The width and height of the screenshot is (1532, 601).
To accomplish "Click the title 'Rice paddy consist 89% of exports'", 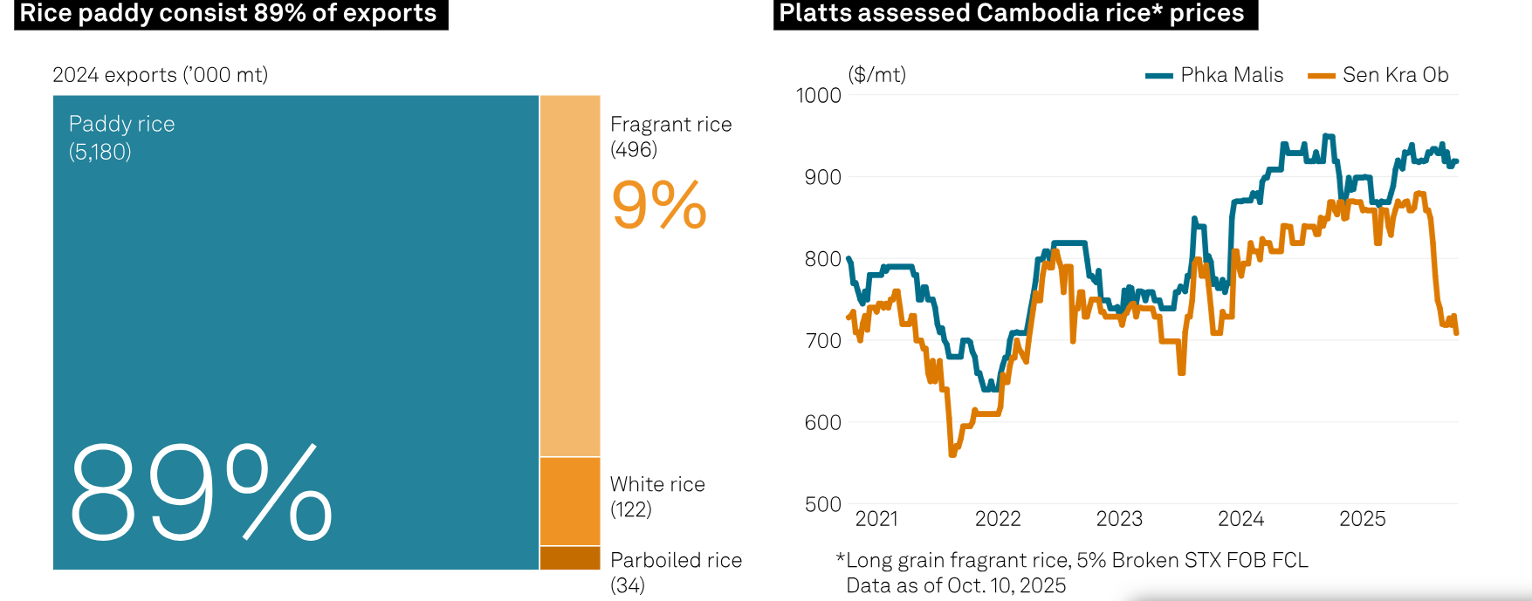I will (229, 13).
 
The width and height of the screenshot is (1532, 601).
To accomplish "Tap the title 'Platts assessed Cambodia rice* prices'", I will (1012, 13).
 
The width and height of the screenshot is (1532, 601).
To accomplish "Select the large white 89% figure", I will (201, 493).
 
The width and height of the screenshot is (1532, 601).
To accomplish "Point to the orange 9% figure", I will (659, 206).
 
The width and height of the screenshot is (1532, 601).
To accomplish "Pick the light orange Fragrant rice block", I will (570, 276).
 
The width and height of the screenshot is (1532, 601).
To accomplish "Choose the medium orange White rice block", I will (570, 502).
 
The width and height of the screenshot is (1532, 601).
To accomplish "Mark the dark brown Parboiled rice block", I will (570, 558).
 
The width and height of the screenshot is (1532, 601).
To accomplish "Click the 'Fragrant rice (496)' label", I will (670, 137).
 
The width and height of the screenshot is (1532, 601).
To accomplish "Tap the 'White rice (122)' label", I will (657, 496).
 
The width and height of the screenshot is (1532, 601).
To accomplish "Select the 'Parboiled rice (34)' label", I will (676, 572).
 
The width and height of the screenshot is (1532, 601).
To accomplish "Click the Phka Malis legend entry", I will (1215, 75).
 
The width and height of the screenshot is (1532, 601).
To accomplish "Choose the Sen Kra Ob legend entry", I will (1379, 75).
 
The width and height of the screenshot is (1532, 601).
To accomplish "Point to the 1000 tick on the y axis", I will (819, 95).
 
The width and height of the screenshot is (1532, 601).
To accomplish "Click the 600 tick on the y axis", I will (822, 422).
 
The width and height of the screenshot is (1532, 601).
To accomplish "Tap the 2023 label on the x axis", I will (1119, 519).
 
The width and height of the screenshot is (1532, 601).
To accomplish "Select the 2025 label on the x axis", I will (1362, 519).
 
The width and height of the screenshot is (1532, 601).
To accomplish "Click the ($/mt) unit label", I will (876, 75).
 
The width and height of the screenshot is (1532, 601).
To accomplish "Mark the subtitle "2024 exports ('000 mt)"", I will (160, 75).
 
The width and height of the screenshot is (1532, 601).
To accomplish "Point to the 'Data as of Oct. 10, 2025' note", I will (956, 585).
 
